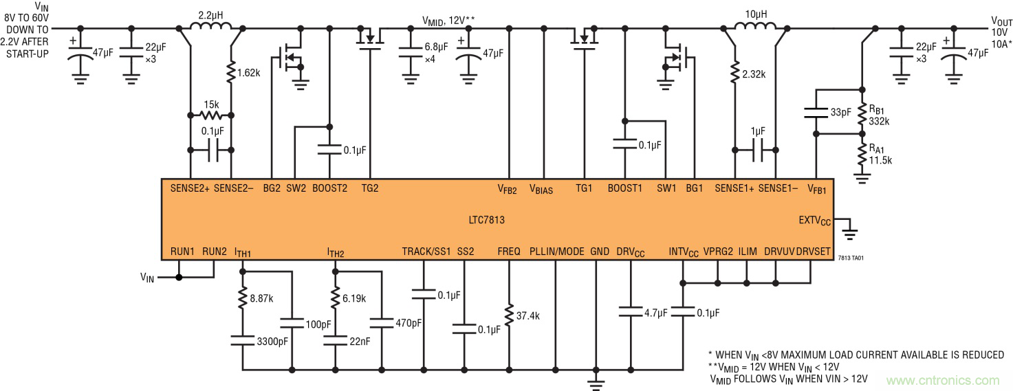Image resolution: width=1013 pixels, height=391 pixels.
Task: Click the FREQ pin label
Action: click(509, 252)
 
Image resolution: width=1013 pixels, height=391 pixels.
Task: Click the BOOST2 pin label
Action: click(329, 188)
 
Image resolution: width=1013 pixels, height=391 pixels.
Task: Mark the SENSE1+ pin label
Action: click(734, 188)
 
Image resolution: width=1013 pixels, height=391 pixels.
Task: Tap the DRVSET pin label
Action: click(814, 252)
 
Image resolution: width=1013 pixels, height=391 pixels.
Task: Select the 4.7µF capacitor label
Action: click(653, 313)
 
